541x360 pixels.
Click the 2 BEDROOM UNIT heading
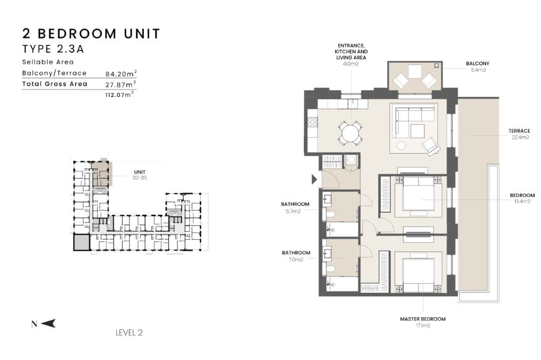(x=91, y=34)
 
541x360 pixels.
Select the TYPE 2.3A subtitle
(x=53, y=49)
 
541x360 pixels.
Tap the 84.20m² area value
(x=121, y=73)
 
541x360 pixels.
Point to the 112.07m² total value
(x=119, y=94)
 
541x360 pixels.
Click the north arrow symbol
(x=48, y=324)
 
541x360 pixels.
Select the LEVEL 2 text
(x=129, y=333)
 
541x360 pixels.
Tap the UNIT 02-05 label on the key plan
(x=139, y=175)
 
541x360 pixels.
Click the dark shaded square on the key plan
(x=82, y=242)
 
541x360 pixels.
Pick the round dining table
(x=350, y=133)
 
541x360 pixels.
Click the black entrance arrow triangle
(x=314, y=179)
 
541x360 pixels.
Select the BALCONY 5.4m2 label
(x=478, y=67)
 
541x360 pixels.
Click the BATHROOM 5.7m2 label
(x=295, y=207)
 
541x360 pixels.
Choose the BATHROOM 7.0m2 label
(x=296, y=256)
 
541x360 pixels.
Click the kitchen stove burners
(x=313, y=122)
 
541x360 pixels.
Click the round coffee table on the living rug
(x=401, y=146)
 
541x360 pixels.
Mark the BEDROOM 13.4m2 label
(x=522, y=198)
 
